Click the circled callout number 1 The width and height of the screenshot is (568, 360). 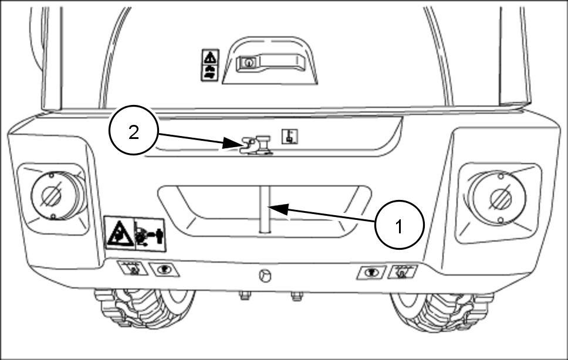pos(399,225)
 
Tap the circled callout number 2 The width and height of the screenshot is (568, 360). pos(133,132)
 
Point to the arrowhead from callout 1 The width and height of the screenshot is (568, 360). pos(271,208)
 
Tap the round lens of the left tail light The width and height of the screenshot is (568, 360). pos(50,195)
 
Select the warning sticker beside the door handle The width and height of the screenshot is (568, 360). pos(210,65)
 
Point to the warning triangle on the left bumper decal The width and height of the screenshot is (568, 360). pos(120,234)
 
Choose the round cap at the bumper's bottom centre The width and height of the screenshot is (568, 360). pos(265,276)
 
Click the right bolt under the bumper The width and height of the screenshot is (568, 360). pos(296,296)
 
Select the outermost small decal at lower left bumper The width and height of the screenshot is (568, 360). pos(131,268)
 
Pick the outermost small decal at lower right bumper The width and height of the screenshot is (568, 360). pos(403,271)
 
